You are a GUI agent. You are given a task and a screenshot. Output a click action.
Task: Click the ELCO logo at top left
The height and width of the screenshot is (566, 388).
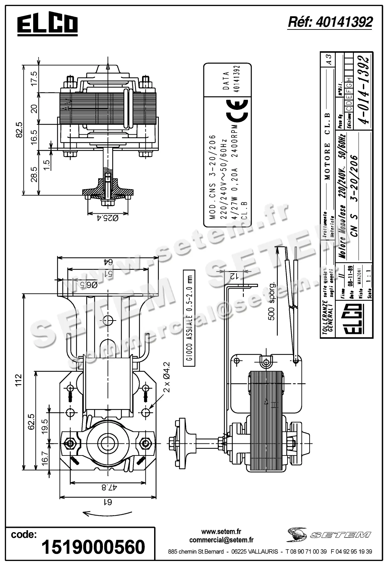coord(47,24)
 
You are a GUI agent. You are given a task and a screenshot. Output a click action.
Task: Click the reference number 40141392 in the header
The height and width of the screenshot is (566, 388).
coord(330,22)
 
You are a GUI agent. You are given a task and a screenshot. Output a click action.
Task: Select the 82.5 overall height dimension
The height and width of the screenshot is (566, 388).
coord(19,130)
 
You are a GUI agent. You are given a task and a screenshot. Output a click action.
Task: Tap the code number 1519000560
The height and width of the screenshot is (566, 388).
coord(93,547)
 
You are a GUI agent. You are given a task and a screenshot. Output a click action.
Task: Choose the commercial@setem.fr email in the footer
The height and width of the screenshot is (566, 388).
coord(221,540)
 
